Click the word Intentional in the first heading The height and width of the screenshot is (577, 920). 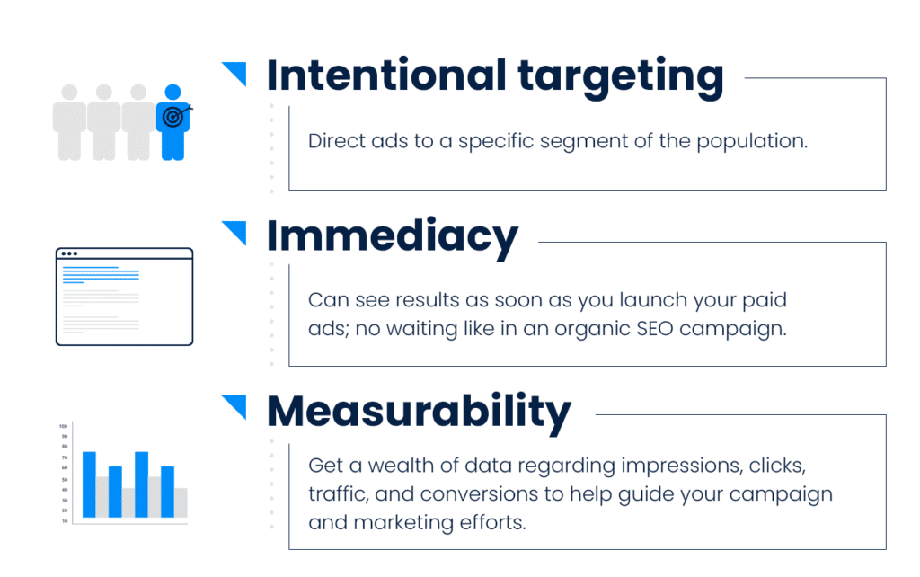point(386,75)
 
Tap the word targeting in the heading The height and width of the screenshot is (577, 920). point(621,79)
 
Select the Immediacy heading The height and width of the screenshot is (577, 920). point(393,238)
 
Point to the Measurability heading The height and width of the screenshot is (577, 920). point(419,413)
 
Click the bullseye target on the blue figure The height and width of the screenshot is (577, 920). point(173,117)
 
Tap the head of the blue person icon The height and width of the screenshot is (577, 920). point(173,93)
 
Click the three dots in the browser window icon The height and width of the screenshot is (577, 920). point(69,253)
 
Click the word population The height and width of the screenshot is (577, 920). point(752,142)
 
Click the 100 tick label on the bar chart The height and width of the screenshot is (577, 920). point(64,426)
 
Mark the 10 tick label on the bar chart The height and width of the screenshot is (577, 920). point(65,521)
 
